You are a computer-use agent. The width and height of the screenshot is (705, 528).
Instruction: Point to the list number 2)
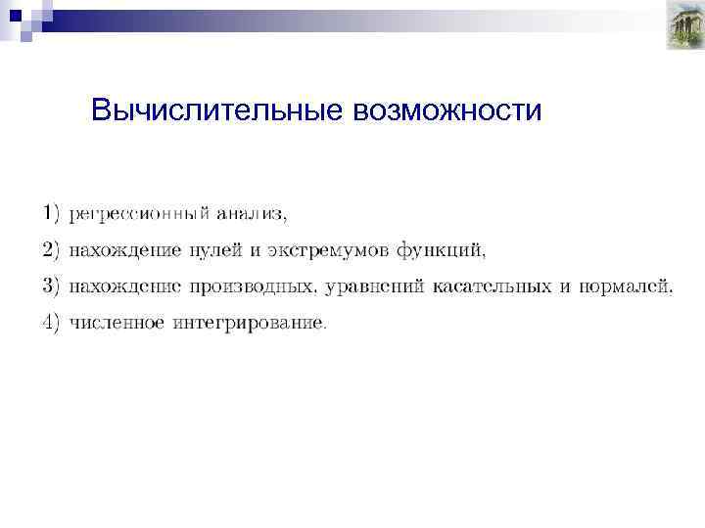coord(51,249)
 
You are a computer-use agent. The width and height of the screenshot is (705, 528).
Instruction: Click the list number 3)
coord(51,286)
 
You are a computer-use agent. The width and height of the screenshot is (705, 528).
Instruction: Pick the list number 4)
coord(51,322)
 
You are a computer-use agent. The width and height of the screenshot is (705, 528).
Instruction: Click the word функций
coord(441,250)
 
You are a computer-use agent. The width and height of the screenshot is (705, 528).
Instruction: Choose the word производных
coord(249,286)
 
